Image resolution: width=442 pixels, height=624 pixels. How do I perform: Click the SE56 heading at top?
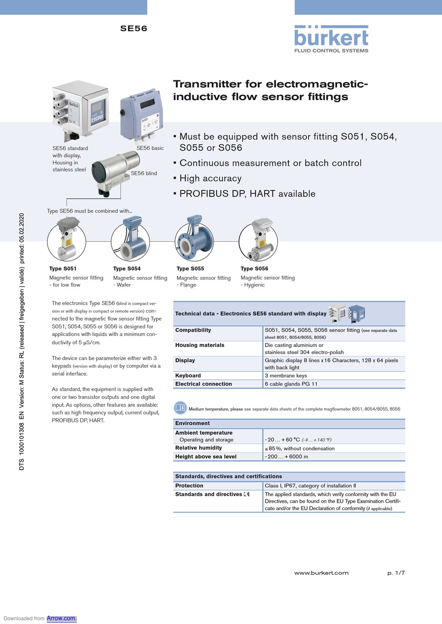(x=134, y=28)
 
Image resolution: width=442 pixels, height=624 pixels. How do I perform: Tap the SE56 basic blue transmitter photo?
(x=141, y=116)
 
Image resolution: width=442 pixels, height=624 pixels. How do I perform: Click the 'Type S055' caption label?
(x=190, y=269)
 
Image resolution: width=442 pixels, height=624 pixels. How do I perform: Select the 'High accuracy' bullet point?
(x=210, y=178)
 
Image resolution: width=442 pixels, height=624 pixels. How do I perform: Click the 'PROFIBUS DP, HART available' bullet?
(x=247, y=194)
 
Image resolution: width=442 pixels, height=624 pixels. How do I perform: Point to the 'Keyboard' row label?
(x=188, y=375)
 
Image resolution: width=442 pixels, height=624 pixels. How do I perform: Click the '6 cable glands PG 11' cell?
(x=291, y=384)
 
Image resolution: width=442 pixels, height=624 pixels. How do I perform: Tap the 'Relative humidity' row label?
(x=198, y=448)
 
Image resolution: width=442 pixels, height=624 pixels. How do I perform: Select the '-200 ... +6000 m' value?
(x=286, y=457)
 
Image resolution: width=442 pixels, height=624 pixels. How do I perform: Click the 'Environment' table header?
(x=192, y=423)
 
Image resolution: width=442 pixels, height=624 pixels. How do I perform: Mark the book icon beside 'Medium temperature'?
(x=180, y=408)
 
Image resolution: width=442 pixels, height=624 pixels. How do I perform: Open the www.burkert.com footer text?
(x=321, y=573)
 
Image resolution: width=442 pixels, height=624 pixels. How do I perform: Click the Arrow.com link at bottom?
(x=61, y=618)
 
